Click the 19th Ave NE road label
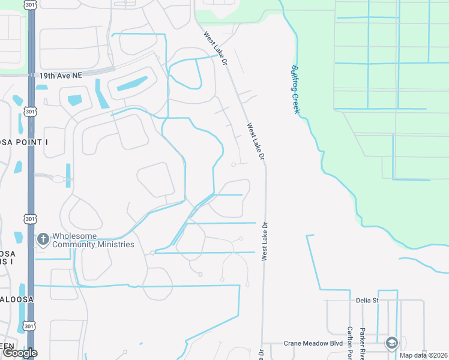pos(61,76)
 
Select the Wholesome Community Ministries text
pos(93,240)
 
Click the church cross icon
pos(43,239)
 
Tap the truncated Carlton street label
pos(349,343)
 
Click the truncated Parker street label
pos(363,343)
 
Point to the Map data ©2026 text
pos(423,355)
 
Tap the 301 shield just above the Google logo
pos(29,326)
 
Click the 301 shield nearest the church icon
pos(29,219)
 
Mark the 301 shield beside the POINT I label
pos(29,112)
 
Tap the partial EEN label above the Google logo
pos(7,345)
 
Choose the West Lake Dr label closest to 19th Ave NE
pos(215,49)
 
